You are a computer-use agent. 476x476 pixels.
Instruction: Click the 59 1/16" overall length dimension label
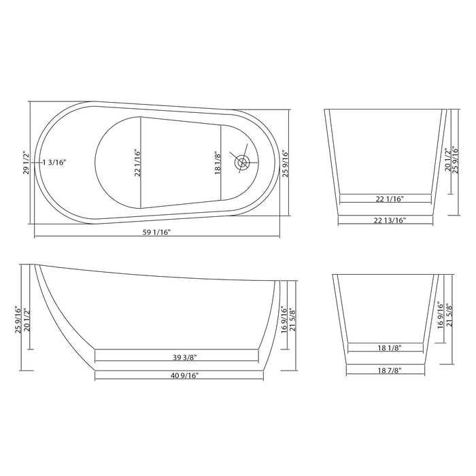point(156,233)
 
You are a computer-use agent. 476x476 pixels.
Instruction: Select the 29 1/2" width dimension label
point(27,163)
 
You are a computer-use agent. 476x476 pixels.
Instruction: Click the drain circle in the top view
point(243,163)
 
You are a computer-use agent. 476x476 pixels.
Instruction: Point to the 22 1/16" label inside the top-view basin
point(137,163)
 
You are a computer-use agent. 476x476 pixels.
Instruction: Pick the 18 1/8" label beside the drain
point(217,163)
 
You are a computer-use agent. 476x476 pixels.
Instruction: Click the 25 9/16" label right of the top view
point(286,163)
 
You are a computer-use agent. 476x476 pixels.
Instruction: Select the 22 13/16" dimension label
point(386,221)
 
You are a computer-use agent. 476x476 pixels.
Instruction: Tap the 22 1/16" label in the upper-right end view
point(386,199)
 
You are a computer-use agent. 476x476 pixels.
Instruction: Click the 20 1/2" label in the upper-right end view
point(446,161)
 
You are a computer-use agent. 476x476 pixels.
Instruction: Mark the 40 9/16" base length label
point(180,375)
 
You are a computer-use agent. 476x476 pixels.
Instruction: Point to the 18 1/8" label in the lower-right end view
point(390,348)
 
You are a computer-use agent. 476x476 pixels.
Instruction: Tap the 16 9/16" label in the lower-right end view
point(441,315)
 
